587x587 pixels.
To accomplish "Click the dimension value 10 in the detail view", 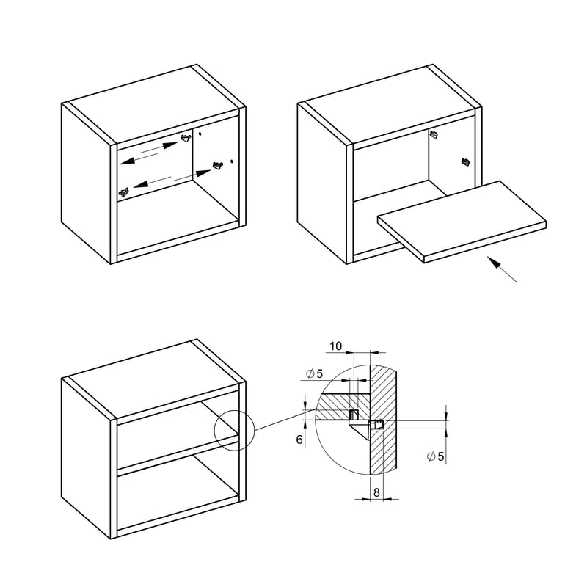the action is pos(336,346).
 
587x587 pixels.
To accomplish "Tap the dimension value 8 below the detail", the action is pos(376,492).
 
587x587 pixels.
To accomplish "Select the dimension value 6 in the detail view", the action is pos(299,440).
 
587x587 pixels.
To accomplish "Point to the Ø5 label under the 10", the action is pos(314,373).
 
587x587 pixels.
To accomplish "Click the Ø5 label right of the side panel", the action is pos(435,456).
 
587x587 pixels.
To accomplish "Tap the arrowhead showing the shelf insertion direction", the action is pos(494,262).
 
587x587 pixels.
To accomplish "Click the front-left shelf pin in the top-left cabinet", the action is pos(124,192).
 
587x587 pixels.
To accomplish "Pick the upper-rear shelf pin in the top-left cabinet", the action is pos(186,138).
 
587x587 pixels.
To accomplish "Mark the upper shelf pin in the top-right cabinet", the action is pos(434,134).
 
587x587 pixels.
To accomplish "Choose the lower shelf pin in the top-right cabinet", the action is pos(465,161).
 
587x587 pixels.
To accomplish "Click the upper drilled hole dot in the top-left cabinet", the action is pos(200,134).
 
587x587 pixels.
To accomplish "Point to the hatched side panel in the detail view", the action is pos(383,419).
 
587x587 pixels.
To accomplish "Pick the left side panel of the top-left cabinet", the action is pos(86,183).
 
